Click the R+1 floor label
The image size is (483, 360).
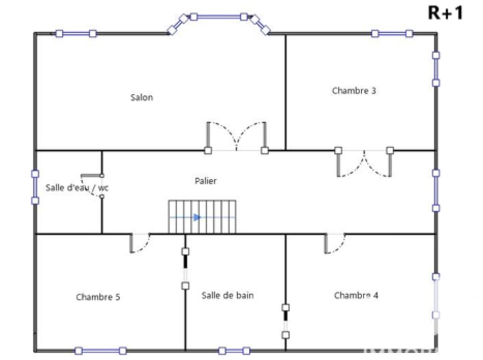tap(445, 13)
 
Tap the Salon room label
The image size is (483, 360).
tap(142, 98)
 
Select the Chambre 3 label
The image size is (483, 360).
tap(354, 90)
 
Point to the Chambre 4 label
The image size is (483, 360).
tap(356, 295)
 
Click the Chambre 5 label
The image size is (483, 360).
tap(98, 297)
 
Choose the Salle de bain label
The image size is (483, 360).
tap(227, 295)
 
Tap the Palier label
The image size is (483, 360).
tap(206, 181)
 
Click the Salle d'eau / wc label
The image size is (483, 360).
tap(77, 187)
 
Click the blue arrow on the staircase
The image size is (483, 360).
tap(197, 217)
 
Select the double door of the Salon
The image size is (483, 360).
tap(236, 138)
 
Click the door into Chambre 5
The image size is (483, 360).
tap(140, 243)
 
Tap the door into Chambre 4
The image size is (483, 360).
tap(334, 243)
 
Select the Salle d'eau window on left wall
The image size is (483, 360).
tap(35, 187)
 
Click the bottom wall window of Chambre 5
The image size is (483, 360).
tap(100, 351)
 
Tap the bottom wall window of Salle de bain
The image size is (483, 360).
tap(234, 351)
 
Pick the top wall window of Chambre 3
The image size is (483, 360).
tap(392, 33)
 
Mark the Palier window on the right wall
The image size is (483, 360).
tap(436, 190)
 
